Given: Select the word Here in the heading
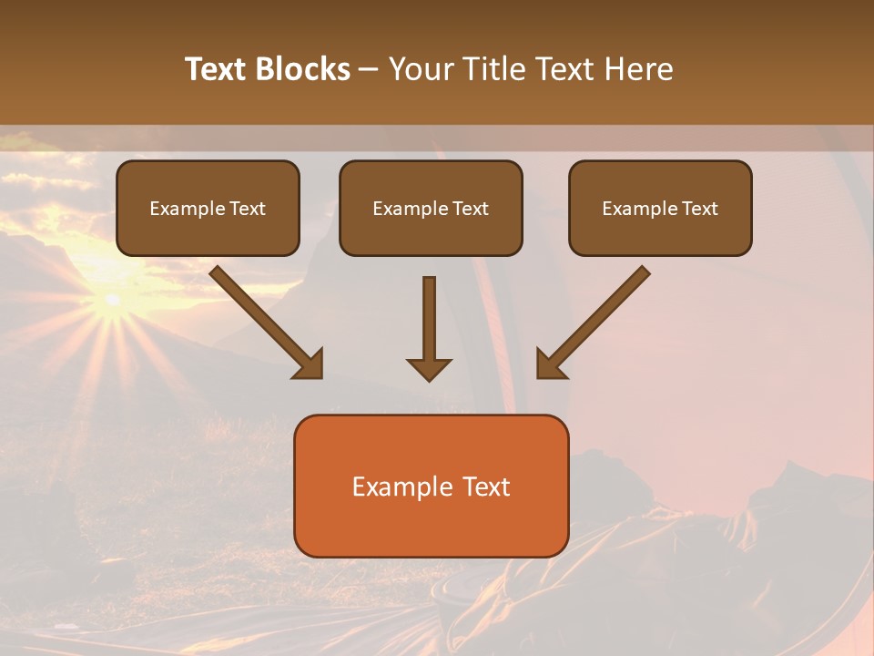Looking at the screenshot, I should point(640,69).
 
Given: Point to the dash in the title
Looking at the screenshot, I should point(369,70).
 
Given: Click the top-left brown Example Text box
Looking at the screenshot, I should point(208,208).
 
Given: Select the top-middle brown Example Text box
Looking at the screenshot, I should point(431,208).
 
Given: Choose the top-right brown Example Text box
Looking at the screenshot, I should point(660,208).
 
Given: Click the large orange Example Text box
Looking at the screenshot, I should point(431,486).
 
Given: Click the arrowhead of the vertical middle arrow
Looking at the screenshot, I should point(429,368).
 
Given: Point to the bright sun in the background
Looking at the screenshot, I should point(112,300).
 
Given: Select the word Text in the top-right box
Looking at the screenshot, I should point(699,209).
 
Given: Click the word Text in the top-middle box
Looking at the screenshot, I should point(470,209).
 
